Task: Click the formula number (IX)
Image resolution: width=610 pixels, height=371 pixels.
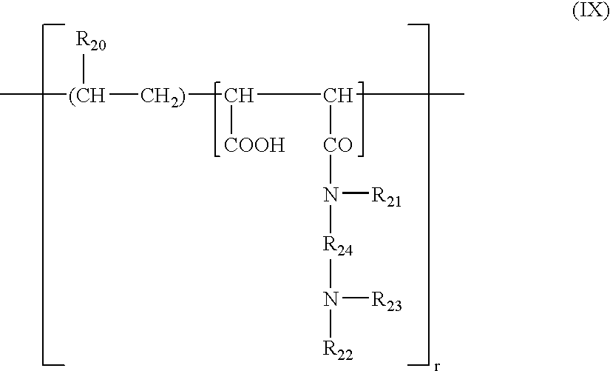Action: pos(591,14)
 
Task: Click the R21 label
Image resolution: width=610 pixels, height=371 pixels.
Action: pos(386,199)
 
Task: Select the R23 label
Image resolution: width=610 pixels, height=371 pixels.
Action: pos(386,303)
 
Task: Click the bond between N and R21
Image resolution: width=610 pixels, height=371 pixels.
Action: pos(355,196)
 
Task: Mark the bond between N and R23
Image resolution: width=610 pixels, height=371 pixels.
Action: pos(355,300)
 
